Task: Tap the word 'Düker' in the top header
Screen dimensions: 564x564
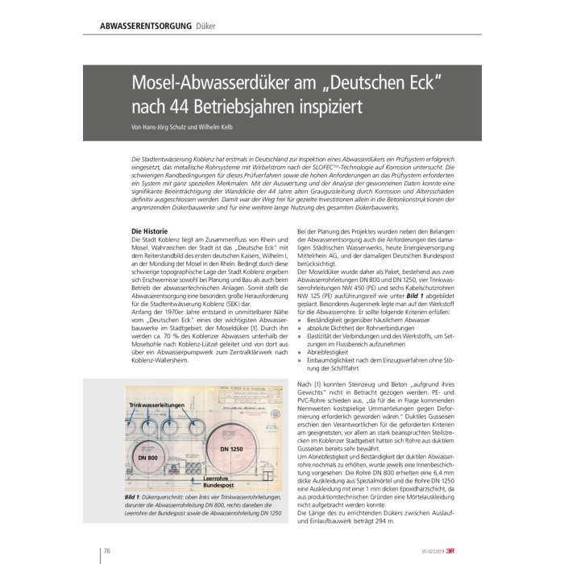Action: pyautogui.click(x=205, y=27)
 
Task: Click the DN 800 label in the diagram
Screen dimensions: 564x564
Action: pyautogui.click(x=147, y=458)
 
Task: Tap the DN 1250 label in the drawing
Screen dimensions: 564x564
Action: pyautogui.click(x=233, y=447)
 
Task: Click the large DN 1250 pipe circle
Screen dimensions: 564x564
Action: pyautogui.click(x=233, y=443)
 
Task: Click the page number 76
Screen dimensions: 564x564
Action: pyautogui.click(x=106, y=551)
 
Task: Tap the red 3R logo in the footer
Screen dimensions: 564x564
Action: pyautogui.click(x=451, y=551)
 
